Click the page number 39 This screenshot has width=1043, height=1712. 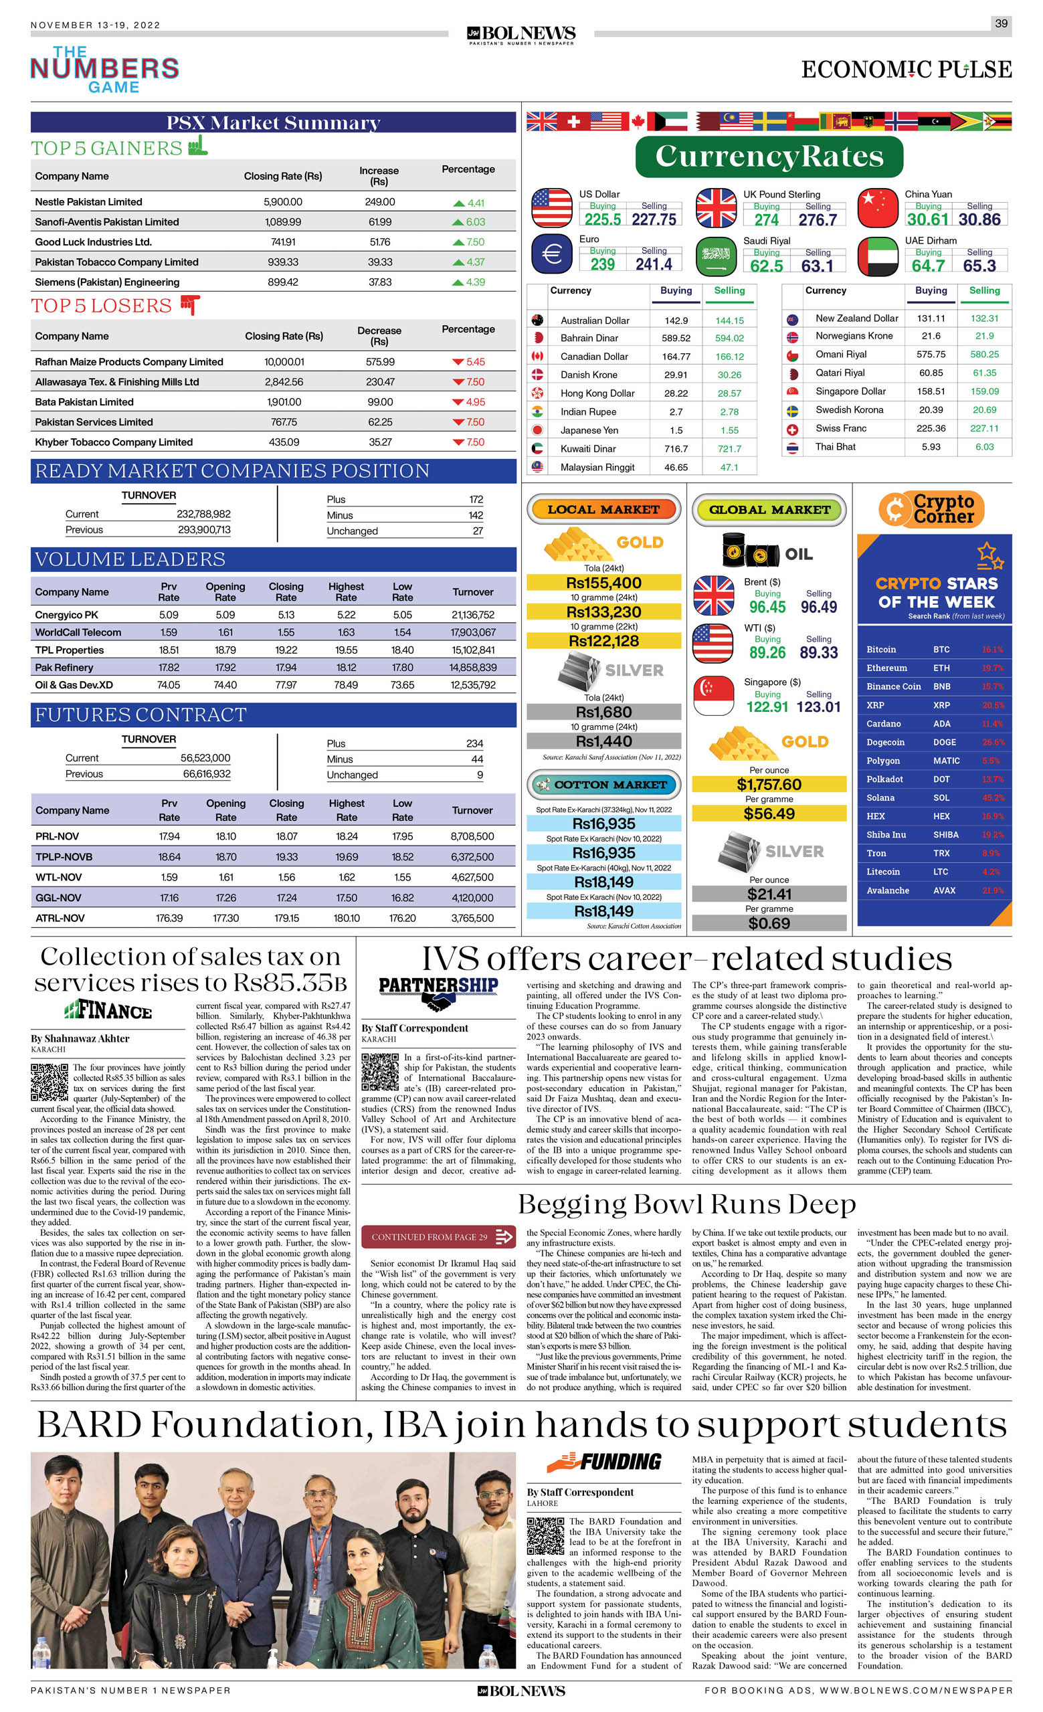click(x=1001, y=23)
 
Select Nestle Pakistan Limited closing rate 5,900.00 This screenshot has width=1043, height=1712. click(x=283, y=201)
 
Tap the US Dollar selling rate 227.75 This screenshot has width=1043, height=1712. click(x=654, y=219)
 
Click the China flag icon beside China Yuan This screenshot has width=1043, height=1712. click(x=878, y=208)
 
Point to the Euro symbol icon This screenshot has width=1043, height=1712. click(x=551, y=254)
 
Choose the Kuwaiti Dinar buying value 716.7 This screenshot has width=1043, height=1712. click(x=676, y=449)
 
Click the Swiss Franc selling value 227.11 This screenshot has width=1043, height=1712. click(x=984, y=428)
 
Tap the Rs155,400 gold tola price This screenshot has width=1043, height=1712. click(x=603, y=582)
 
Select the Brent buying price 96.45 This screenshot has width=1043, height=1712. click(x=767, y=607)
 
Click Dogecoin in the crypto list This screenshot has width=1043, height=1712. click(x=885, y=742)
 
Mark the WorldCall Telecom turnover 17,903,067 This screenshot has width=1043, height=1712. click(x=472, y=632)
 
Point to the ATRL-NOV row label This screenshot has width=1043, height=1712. click(x=60, y=918)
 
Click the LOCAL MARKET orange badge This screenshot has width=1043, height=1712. click(x=603, y=509)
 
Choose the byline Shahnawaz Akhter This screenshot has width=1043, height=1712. click(x=80, y=1038)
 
